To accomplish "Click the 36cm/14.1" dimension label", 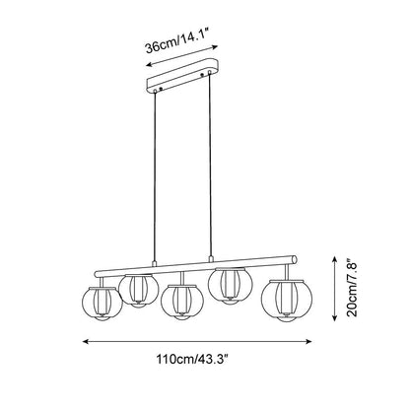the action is click(x=177, y=40).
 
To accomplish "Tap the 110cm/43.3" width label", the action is click(x=192, y=359).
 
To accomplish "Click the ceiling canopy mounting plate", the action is click(x=182, y=76).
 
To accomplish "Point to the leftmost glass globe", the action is click(x=102, y=304).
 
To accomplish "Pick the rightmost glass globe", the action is click(x=287, y=300).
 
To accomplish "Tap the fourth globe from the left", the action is click(x=230, y=285).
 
